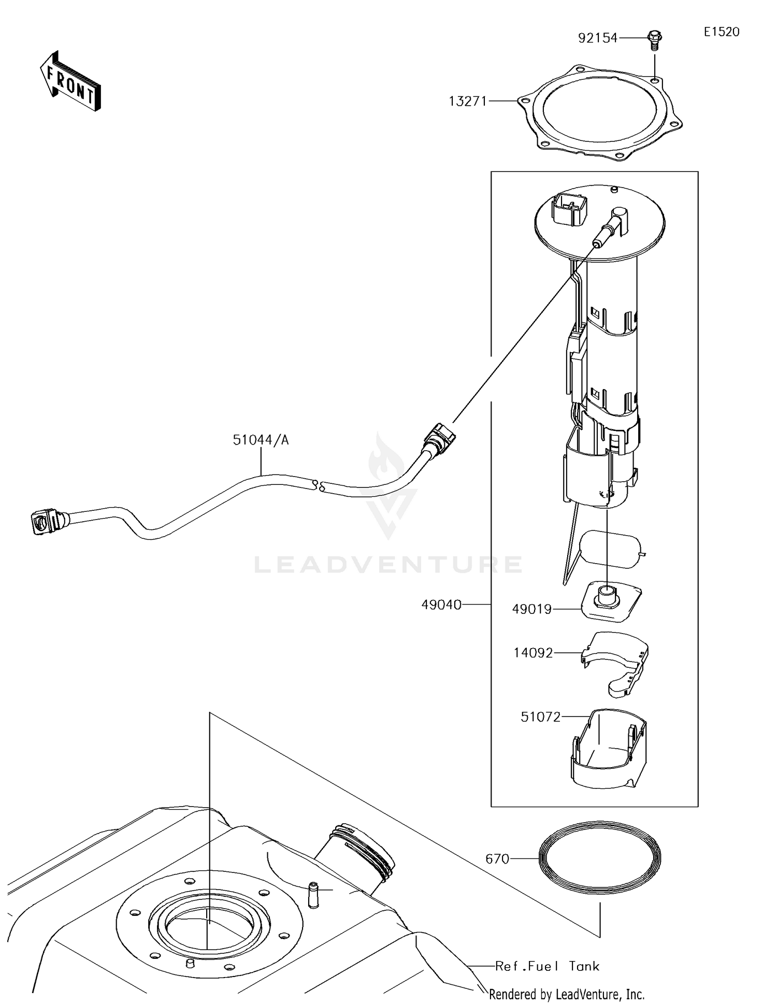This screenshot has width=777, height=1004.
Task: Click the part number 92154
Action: click(x=598, y=38)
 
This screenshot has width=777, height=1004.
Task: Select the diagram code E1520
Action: click(x=722, y=32)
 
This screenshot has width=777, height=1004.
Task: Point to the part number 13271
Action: click(x=468, y=101)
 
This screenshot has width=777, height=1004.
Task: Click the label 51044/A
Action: click(x=261, y=440)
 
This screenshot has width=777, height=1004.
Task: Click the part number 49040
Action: click(x=441, y=605)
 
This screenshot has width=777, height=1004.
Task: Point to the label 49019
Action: click(x=531, y=610)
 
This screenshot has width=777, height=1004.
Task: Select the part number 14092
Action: click(x=533, y=653)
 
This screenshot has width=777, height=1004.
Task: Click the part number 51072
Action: click(x=540, y=717)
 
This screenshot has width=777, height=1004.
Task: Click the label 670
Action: click(x=497, y=859)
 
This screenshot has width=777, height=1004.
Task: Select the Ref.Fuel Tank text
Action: click(x=547, y=966)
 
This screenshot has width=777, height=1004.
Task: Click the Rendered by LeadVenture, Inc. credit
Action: click(x=567, y=994)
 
